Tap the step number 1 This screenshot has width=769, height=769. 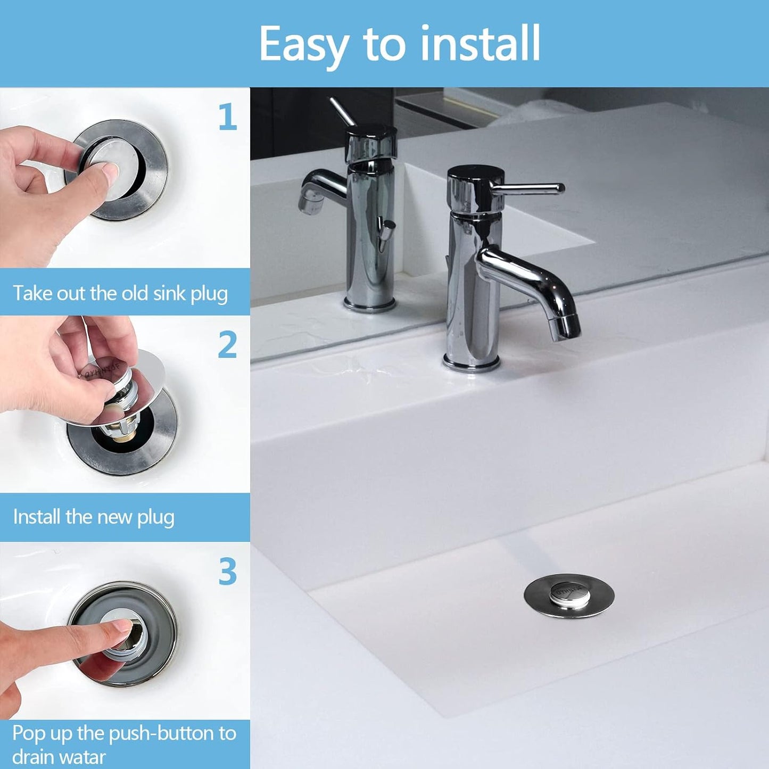tap(227, 117)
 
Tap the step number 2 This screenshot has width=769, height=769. tap(227, 345)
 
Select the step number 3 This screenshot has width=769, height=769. tap(227, 572)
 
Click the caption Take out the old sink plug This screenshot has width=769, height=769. tap(120, 293)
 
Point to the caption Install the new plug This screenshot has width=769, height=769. tap(94, 517)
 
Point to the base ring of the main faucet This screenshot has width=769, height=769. tap(472, 365)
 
